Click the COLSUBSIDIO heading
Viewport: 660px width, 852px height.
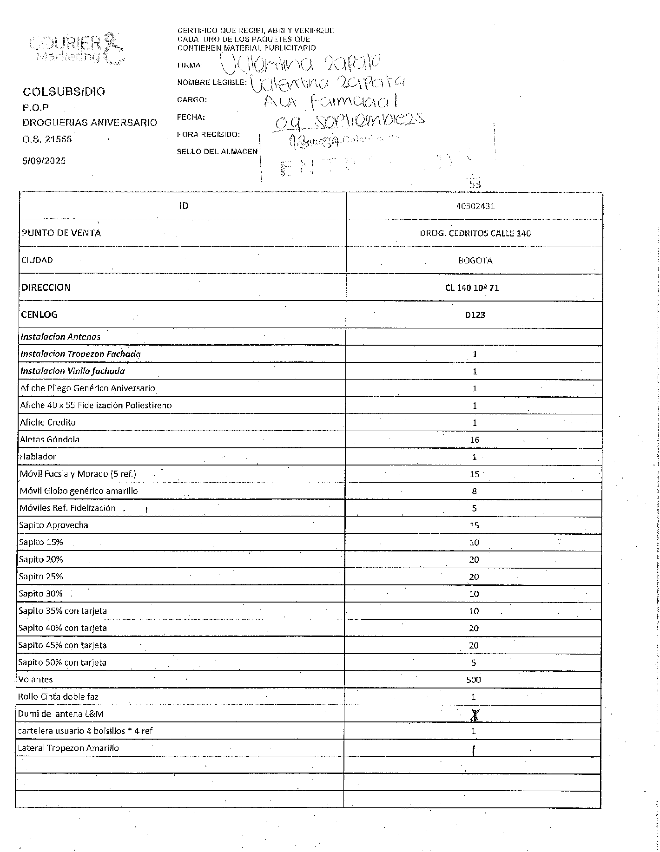pyautogui.click(x=64, y=92)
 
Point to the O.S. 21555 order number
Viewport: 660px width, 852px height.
pyautogui.click(x=47, y=139)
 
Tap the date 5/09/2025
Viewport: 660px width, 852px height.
pyautogui.click(x=44, y=161)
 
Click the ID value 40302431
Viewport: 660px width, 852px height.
pyautogui.click(x=475, y=206)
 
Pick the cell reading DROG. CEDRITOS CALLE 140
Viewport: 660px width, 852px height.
pyautogui.click(x=475, y=233)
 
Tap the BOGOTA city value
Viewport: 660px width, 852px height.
pyautogui.click(x=475, y=261)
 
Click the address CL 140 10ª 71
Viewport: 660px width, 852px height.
pyautogui.click(x=472, y=288)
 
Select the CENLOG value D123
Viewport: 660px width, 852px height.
pyautogui.click(x=475, y=315)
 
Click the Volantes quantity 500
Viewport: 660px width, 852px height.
pyautogui.click(x=474, y=680)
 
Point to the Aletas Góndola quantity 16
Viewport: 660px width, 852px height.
pyautogui.click(x=475, y=440)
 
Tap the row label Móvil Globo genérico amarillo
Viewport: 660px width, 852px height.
pyautogui.click(x=79, y=491)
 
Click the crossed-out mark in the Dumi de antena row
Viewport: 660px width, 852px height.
pyautogui.click(x=474, y=716)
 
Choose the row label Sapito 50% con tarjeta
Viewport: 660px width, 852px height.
pyautogui.click(x=62, y=662)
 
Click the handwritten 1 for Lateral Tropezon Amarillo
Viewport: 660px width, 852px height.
pyautogui.click(x=473, y=751)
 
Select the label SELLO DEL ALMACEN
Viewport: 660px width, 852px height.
pyautogui.click(x=217, y=151)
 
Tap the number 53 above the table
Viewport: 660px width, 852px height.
pyautogui.click(x=475, y=184)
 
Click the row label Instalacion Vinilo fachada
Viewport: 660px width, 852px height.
pyautogui.click(x=73, y=371)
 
